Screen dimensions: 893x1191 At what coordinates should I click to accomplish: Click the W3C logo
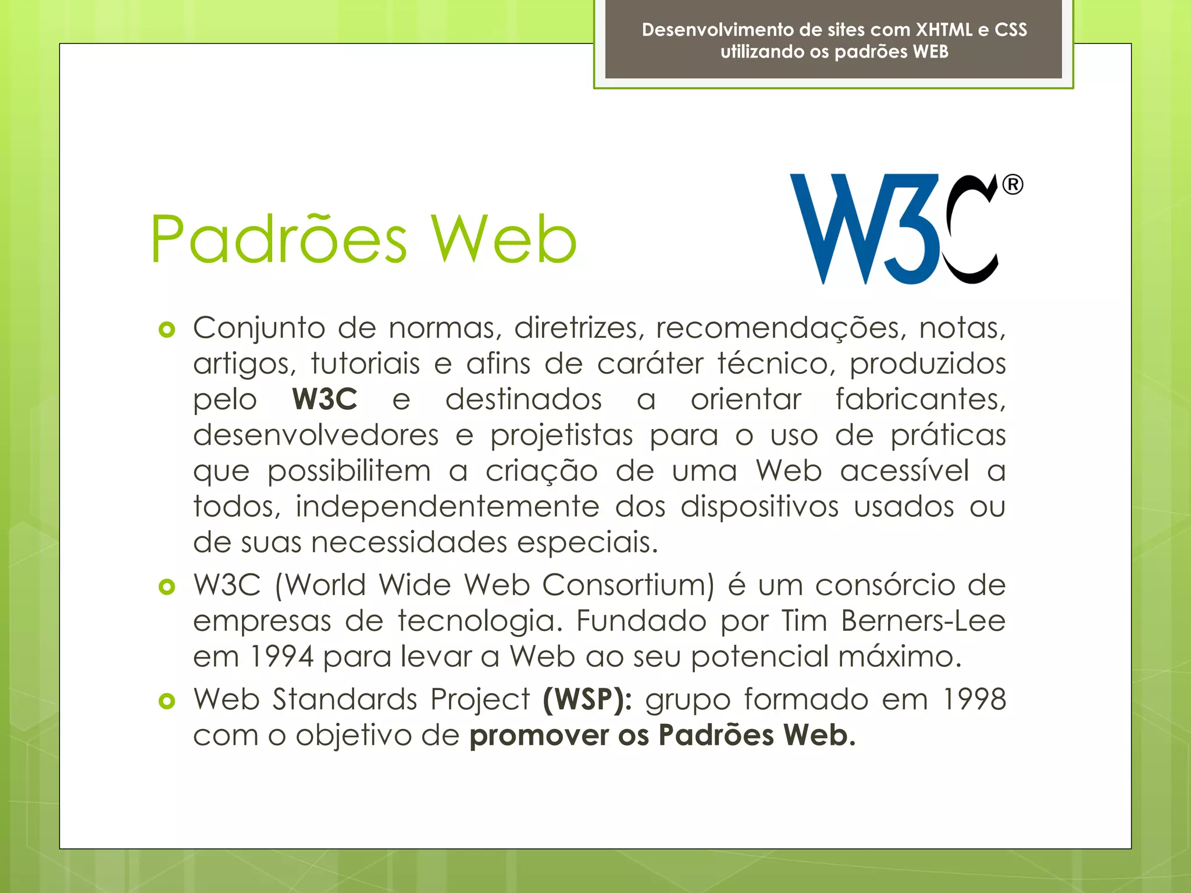[896, 229]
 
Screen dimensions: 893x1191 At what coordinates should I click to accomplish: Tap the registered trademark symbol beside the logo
[1012, 185]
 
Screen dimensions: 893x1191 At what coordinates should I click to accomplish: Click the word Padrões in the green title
[279, 239]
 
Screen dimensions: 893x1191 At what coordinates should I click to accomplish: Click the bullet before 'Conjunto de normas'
[167, 330]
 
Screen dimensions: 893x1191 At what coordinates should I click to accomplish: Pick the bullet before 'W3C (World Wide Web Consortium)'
[167, 587]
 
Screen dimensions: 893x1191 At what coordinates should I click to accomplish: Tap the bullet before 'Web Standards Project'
[167, 701]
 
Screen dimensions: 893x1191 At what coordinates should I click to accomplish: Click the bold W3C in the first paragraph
[325, 399]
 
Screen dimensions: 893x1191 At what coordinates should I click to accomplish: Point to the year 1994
[281, 656]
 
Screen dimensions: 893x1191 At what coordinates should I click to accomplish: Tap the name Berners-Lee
[923, 620]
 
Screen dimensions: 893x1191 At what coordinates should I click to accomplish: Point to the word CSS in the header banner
[1011, 30]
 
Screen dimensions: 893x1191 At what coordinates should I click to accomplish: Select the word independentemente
[447, 507]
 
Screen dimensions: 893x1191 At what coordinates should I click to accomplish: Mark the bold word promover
[539, 735]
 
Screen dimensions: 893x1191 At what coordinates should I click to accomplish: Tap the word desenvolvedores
[316, 435]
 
